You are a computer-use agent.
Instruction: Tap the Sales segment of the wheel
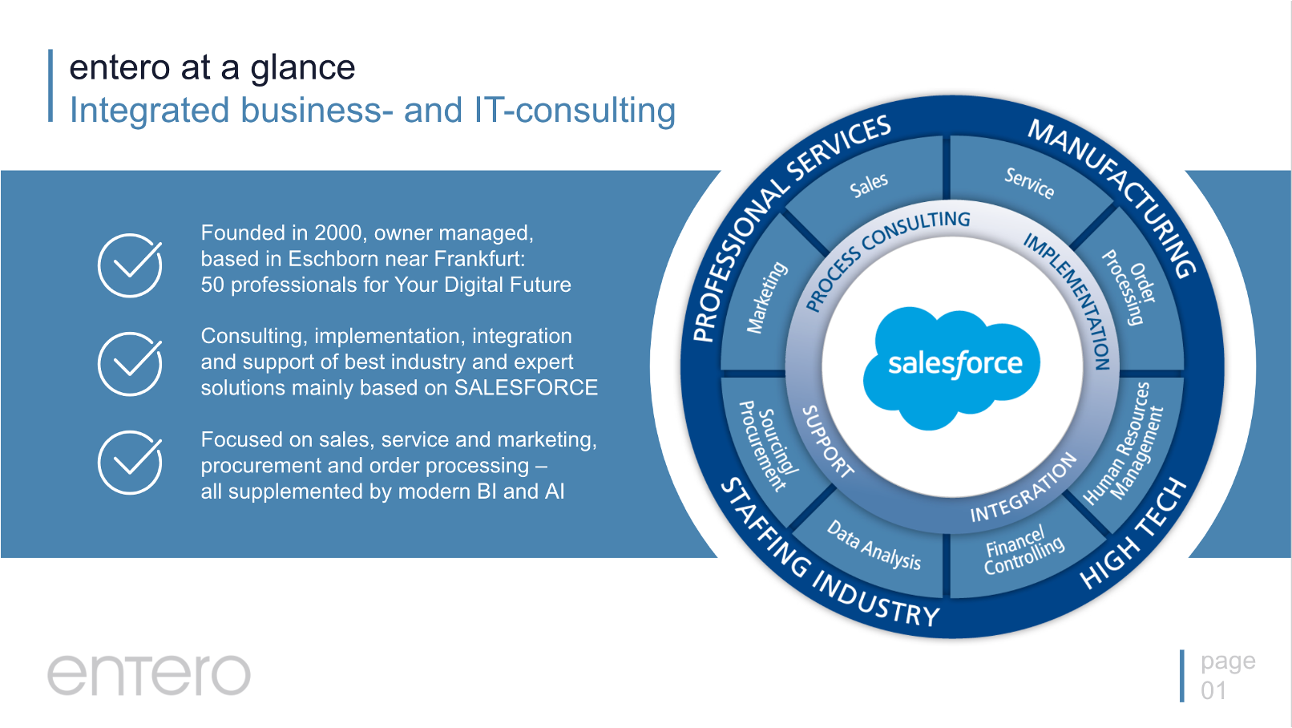[869, 185]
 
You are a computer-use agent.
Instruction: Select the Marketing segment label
[766, 297]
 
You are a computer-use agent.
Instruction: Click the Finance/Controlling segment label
[1024, 550]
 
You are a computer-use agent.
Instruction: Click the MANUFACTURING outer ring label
[1113, 197]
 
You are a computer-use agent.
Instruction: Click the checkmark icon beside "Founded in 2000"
[130, 265]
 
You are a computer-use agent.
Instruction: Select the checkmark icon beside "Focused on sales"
[130, 463]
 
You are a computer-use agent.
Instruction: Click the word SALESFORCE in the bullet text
[526, 387]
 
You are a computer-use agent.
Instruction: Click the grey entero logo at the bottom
[149, 674]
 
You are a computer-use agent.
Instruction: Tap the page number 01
[1213, 690]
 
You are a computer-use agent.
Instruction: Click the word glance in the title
[303, 69]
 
